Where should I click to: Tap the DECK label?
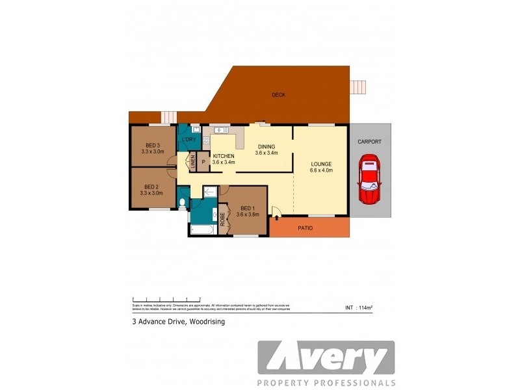[278, 95]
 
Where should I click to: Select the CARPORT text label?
[369, 142]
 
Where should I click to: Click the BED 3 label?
[152, 145]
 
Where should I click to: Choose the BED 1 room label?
[248, 208]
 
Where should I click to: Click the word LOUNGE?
[321, 164]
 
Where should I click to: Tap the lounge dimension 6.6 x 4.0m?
[321, 171]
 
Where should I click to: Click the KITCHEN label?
[223, 156]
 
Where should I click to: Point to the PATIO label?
[306, 228]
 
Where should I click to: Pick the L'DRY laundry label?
[189, 140]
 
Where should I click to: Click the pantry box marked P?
[203, 162]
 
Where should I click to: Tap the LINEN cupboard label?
[193, 162]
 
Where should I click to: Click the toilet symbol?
[182, 204]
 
